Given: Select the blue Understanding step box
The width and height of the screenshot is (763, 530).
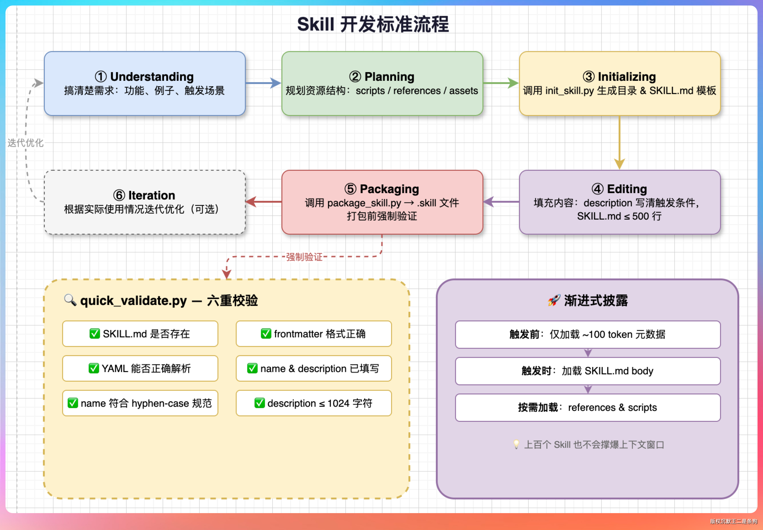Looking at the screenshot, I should click(x=145, y=83).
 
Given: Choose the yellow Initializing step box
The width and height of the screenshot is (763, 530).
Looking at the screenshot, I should click(x=620, y=83).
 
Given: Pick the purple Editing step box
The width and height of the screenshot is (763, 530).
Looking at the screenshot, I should click(x=620, y=202).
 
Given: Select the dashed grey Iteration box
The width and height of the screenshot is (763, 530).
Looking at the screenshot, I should click(x=145, y=202).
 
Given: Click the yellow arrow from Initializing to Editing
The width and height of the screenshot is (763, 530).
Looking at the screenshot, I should click(x=620, y=143).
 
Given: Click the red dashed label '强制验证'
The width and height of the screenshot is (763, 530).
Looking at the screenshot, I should click(x=304, y=257).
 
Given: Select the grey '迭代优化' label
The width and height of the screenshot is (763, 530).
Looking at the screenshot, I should click(x=25, y=143).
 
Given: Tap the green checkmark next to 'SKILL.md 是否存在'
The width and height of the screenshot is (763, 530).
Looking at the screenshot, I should click(x=95, y=333).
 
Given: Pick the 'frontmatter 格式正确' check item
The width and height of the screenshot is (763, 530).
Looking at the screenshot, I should click(x=314, y=333).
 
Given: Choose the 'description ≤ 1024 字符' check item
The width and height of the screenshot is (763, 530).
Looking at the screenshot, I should click(x=314, y=403).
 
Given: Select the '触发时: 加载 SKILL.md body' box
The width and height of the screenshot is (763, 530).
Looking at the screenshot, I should click(x=588, y=371).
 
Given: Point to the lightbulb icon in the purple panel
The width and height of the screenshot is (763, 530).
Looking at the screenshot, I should click(x=516, y=444).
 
